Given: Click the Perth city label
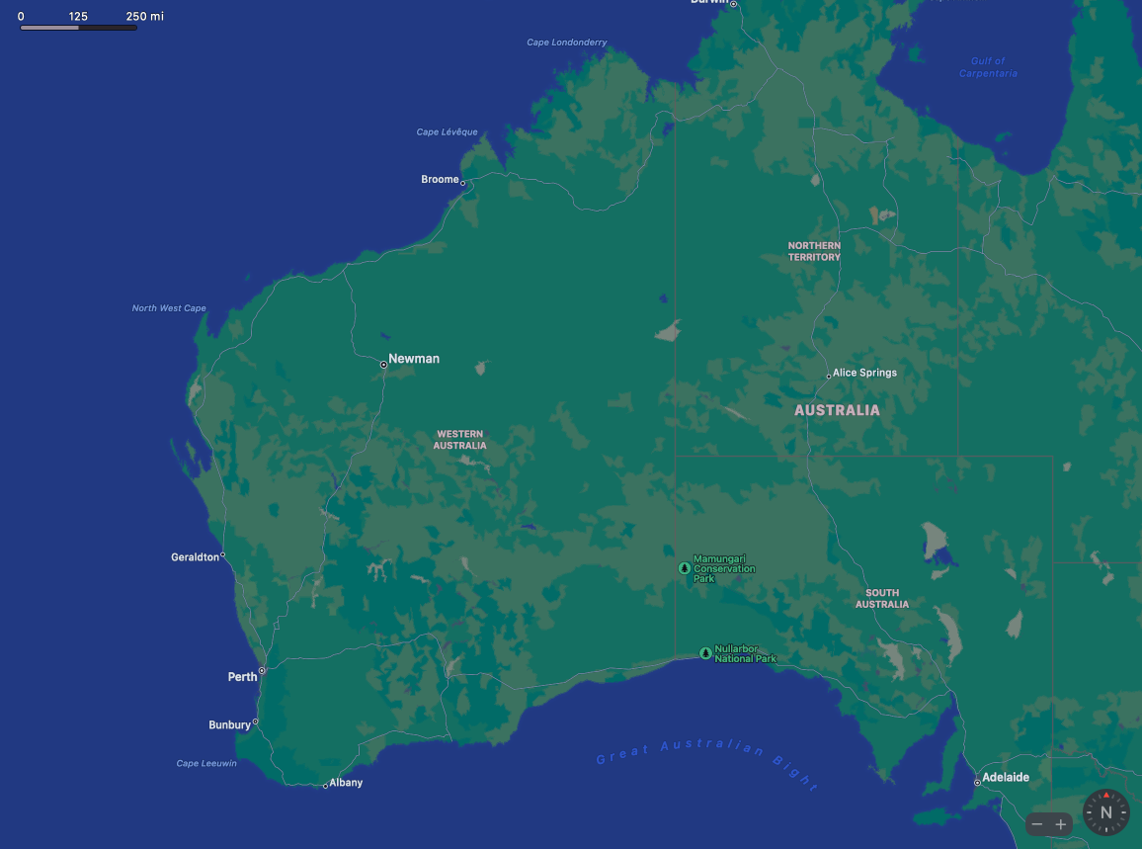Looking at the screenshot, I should click(x=242, y=677).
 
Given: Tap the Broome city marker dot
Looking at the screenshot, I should click(x=462, y=183).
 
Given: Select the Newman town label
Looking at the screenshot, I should click(x=414, y=359).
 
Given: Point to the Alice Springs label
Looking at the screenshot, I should click(x=864, y=373).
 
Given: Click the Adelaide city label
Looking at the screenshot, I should click(x=1006, y=778).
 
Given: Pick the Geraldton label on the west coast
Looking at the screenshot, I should click(x=195, y=557).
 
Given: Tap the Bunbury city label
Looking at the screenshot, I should click(x=229, y=725).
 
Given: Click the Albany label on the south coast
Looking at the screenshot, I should click(x=346, y=783).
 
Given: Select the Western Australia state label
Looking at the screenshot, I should click(x=460, y=440).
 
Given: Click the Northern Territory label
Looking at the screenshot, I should click(x=814, y=251).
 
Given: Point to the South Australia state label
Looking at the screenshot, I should click(x=882, y=599).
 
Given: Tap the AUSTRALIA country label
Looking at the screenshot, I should click(x=837, y=410).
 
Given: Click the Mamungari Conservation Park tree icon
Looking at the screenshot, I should click(x=684, y=568).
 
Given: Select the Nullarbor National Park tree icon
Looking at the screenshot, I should click(x=704, y=653).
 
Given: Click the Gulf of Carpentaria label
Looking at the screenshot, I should click(x=988, y=67).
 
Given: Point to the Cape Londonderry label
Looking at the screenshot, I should click(x=567, y=42).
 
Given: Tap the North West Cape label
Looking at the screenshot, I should click(x=169, y=308).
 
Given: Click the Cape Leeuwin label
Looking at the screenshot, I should click(x=206, y=763).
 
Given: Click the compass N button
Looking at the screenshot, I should click(x=1105, y=812).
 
